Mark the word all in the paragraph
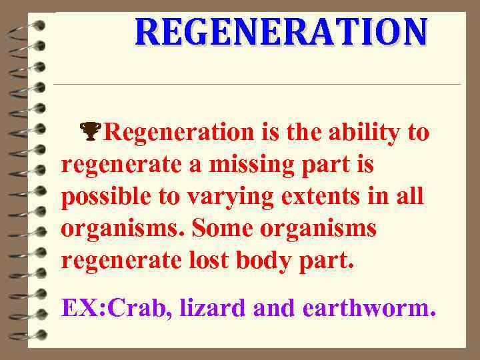(411, 197)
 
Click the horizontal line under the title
(257, 84)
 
